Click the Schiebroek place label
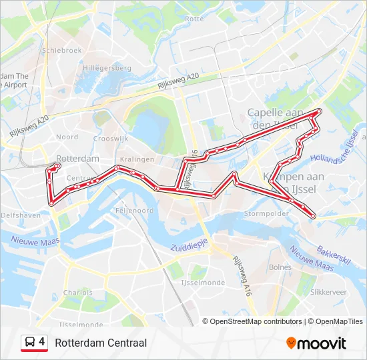click(x=61, y=50)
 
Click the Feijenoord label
click(x=135, y=210)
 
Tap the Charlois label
click(x=77, y=292)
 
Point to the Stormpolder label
click(x=266, y=213)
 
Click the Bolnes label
click(x=280, y=267)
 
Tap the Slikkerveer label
click(x=328, y=292)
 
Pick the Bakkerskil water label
click(x=334, y=257)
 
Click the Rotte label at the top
click(x=194, y=19)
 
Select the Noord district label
click(x=67, y=137)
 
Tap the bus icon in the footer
click(x=29, y=343)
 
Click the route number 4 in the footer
click(x=42, y=342)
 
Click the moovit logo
click(x=316, y=343)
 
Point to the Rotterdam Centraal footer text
click(x=101, y=343)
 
